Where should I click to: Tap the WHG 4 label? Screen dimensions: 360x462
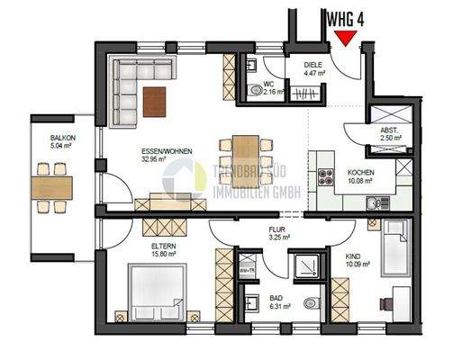(346, 17)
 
